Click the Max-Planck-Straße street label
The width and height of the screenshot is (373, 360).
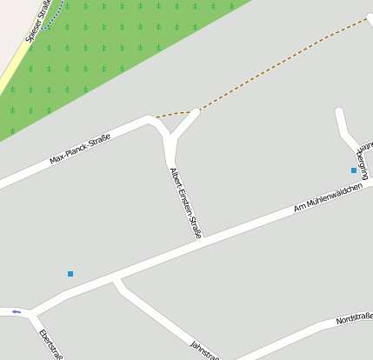pyautogui.click(x=80, y=150)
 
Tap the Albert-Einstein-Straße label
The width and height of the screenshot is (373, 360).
pyautogui.click(x=186, y=202)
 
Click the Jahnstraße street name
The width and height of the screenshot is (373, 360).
pyautogui.click(x=205, y=349)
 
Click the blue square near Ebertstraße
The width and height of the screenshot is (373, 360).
pyautogui.click(x=70, y=274)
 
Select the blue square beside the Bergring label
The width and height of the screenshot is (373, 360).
pyautogui.click(x=354, y=170)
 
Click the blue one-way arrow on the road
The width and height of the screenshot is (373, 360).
pyautogui.click(x=17, y=310)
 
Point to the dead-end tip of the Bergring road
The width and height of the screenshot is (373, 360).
pyautogui.click(x=339, y=111)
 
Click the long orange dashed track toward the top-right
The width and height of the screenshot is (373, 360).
pyautogui.click(x=287, y=60)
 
